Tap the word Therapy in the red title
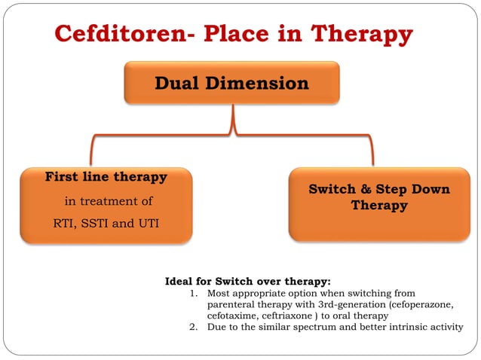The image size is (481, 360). (x=362, y=35)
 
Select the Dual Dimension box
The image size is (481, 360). (x=231, y=83)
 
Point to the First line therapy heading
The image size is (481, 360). (x=106, y=178)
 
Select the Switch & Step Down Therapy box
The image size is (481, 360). (x=379, y=204)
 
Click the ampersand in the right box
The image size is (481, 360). (x=363, y=189)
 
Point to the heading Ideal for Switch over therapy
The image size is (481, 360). (x=247, y=282)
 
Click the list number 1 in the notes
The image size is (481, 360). (x=194, y=293)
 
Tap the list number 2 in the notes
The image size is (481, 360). (x=194, y=327)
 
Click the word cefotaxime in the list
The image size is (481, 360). (x=233, y=316)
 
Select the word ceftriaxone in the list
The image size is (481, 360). (x=290, y=316)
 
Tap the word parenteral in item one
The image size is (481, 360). (x=231, y=304)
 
